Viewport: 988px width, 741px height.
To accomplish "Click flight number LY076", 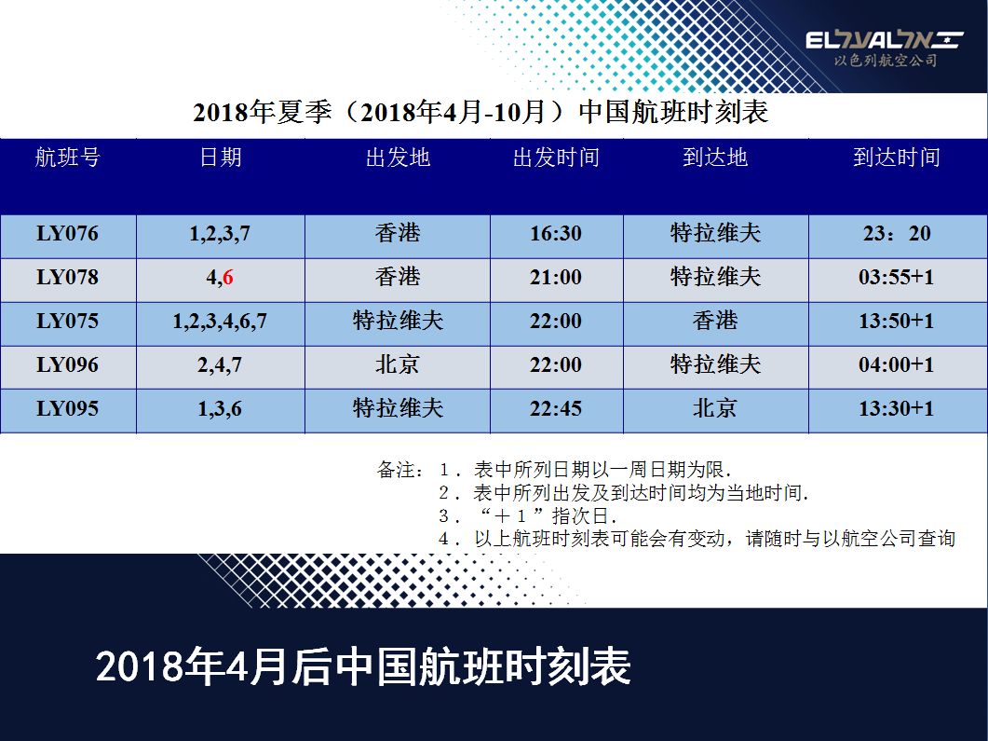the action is point(67,233).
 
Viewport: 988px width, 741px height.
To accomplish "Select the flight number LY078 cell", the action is point(67,277).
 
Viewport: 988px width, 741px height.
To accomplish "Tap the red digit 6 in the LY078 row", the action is point(227,277).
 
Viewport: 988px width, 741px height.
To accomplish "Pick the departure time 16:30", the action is point(556,233).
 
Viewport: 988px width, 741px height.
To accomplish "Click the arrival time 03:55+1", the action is point(896,277).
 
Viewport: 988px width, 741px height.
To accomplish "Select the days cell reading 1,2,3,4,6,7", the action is point(220,321).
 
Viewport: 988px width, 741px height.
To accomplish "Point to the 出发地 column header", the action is point(398,157).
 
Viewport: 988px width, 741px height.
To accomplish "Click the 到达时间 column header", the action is point(897,157).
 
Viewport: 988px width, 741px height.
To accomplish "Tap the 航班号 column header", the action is point(67,157).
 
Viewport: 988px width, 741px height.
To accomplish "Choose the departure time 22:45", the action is point(556,408).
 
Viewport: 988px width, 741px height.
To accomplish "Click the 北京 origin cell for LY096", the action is point(398,364).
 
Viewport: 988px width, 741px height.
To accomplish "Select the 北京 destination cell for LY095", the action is point(715,408).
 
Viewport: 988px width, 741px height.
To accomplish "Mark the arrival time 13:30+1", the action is point(896,408).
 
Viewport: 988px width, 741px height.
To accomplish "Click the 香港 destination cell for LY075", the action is point(715,321).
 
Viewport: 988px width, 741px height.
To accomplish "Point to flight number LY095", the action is point(67,408).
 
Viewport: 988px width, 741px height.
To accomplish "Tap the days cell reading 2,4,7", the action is point(220,365).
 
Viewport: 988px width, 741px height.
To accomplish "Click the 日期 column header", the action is point(221,157).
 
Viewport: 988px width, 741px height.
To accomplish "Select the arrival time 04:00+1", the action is point(896,364).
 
